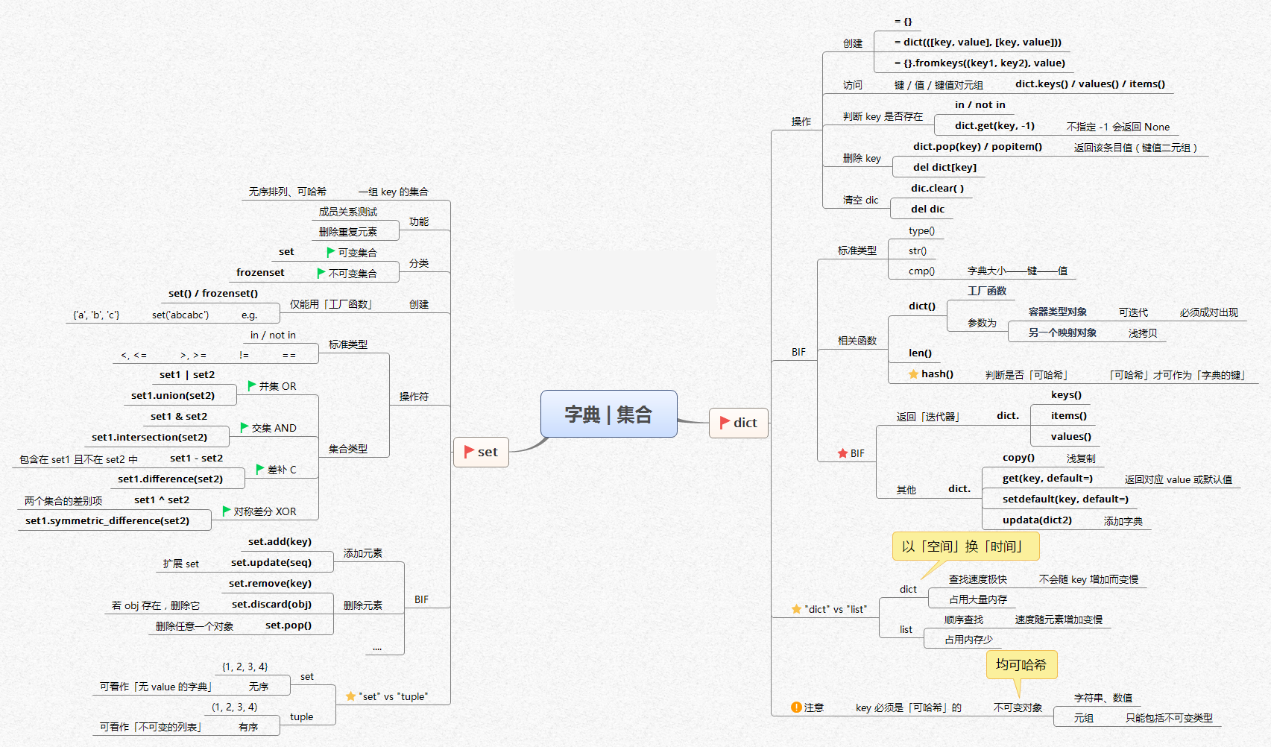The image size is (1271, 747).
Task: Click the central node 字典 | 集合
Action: (608, 414)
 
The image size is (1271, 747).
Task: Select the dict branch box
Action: (738, 423)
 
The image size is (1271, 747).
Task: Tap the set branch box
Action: (481, 452)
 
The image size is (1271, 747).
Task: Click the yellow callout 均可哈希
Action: (1021, 664)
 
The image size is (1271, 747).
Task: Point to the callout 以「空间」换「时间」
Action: (965, 546)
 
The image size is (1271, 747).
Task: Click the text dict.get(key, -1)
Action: (994, 126)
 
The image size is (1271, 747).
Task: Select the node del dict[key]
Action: (944, 168)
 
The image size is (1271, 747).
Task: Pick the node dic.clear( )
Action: (937, 189)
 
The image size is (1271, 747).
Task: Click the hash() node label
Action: (937, 374)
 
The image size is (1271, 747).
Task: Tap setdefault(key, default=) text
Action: (1065, 499)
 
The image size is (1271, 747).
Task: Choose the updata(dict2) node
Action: (1037, 520)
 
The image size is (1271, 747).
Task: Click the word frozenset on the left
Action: (260, 273)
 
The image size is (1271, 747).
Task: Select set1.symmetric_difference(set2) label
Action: (107, 521)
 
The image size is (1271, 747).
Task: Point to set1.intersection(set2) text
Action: (149, 438)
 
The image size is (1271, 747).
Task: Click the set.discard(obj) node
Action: (271, 605)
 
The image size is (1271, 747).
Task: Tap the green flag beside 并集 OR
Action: (252, 385)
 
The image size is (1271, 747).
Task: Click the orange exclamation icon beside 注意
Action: (796, 707)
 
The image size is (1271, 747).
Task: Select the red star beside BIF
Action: (842, 453)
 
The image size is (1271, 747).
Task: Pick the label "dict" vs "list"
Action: (836, 610)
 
